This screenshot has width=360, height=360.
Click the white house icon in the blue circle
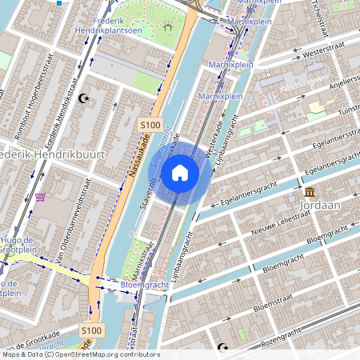[x=180, y=172]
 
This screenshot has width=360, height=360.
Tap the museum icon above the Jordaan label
[x=309, y=193]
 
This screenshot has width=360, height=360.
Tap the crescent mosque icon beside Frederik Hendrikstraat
[x=83, y=98]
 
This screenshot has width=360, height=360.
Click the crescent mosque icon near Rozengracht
[x=224, y=349]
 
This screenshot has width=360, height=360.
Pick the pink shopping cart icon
[x=40, y=197]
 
